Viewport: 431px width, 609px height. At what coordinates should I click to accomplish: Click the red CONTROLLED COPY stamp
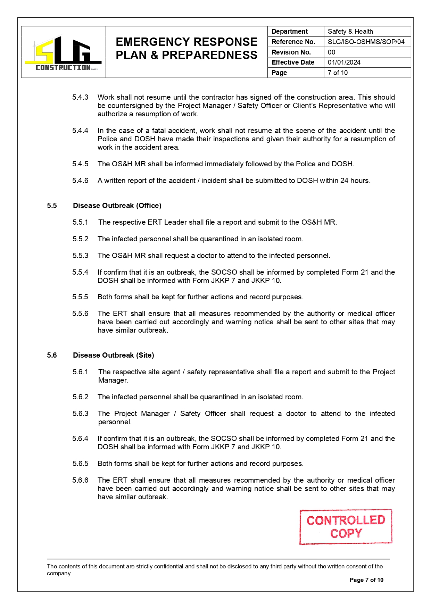[346, 526]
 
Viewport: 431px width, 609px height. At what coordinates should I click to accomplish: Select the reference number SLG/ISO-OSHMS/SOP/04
[366, 42]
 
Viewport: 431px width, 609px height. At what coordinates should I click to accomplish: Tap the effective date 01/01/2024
[344, 62]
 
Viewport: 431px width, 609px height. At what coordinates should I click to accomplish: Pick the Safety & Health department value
[350, 31]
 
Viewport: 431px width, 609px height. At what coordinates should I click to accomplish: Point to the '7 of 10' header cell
[338, 73]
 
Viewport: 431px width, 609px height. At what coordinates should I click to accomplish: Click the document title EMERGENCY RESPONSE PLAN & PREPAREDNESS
[187, 48]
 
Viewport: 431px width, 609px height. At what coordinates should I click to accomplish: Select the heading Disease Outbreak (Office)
[117, 206]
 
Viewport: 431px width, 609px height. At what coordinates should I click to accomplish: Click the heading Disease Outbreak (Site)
[113, 355]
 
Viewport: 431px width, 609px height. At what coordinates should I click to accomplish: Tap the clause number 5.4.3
[80, 97]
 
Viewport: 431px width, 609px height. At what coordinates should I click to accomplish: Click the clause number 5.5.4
[80, 272]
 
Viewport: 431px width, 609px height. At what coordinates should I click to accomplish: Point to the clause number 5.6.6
[80, 480]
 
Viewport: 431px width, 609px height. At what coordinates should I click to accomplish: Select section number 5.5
[52, 206]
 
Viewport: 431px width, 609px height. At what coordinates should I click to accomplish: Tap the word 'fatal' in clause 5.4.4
[161, 131]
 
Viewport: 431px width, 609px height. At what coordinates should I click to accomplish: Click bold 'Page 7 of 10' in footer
[366, 580]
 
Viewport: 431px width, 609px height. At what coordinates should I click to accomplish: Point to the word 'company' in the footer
[59, 573]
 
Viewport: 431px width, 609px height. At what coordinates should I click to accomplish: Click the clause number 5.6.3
[80, 414]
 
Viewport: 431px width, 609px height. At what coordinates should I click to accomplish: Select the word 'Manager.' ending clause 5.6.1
[113, 380]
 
